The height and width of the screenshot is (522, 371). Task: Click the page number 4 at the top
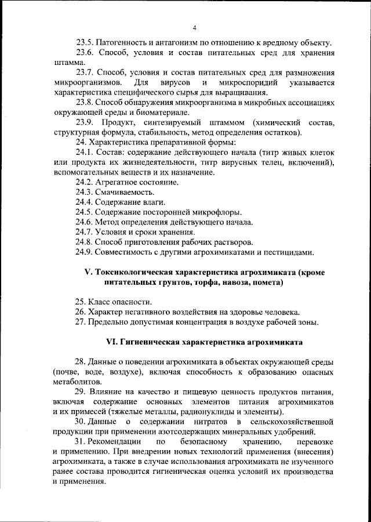(x=195, y=28)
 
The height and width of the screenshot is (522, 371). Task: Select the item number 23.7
(x=85, y=72)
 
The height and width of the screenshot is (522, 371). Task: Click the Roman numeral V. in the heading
(x=89, y=273)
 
